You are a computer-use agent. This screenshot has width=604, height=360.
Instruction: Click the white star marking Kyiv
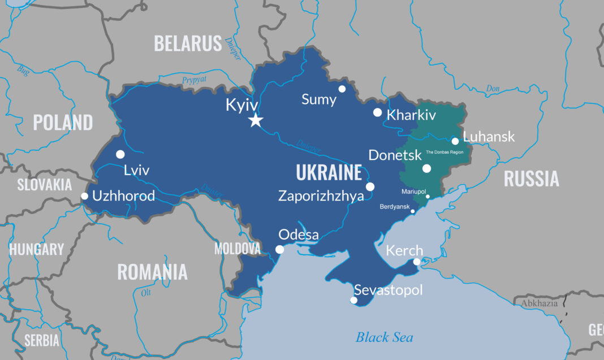[x=256, y=120]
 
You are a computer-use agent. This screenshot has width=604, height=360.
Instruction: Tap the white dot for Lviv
[x=120, y=154]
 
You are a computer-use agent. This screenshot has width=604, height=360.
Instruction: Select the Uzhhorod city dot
[x=84, y=196]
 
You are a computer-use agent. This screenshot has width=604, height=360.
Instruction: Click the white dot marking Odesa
[x=279, y=249]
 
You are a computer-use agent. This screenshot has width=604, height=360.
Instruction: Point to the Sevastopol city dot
[x=353, y=300]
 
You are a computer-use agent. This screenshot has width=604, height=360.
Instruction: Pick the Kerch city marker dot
[x=417, y=262]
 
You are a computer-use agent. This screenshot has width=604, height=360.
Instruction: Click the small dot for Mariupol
[x=428, y=197]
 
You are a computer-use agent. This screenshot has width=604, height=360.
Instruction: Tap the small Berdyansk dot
[x=413, y=211]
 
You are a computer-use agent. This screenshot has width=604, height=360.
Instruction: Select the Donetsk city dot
[x=426, y=168]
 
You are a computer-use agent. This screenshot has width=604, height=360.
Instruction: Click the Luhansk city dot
[x=455, y=141]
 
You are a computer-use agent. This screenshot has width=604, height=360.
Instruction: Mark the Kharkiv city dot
[x=377, y=112]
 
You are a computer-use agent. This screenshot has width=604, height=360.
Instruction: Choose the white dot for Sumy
[x=342, y=89]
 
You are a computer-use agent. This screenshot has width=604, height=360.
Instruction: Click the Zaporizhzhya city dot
[x=370, y=186]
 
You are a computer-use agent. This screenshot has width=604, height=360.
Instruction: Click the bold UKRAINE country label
[x=329, y=173]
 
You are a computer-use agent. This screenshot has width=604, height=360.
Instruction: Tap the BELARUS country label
[x=188, y=44]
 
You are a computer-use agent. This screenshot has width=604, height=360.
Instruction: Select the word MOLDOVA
[x=237, y=248]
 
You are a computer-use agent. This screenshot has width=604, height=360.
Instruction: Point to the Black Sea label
[x=384, y=337]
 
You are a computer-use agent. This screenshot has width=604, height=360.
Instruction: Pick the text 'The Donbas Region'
[x=448, y=153]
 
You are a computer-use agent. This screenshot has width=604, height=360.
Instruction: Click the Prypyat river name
[x=194, y=80]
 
